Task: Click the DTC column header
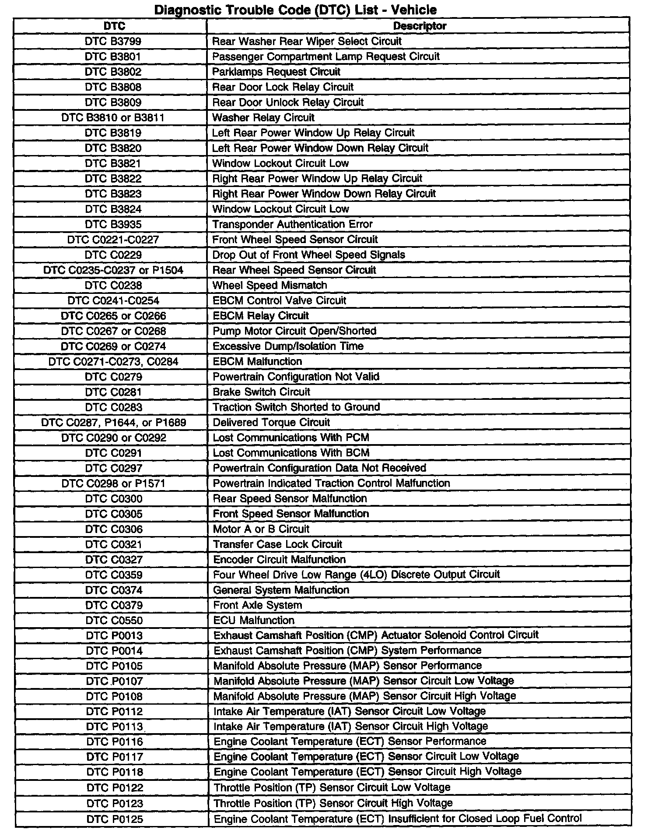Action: (x=114, y=26)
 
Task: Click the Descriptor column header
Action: (x=419, y=26)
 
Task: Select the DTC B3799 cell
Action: (x=113, y=41)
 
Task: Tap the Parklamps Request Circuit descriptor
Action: (x=276, y=72)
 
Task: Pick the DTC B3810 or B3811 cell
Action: (x=113, y=117)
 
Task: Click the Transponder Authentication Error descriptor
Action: (x=292, y=224)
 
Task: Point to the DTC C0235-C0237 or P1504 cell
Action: (x=113, y=270)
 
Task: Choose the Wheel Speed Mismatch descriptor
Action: (x=269, y=286)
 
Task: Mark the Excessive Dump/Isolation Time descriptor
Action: (x=288, y=346)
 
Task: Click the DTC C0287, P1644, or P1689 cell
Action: (x=113, y=423)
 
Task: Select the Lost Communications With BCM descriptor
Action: (x=291, y=453)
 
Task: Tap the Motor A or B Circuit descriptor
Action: (x=261, y=529)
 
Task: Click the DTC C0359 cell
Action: (x=114, y=575)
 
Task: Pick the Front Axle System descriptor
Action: (x=257, y=605)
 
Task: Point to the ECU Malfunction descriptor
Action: (x=253, y=621)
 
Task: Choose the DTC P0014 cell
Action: (x=114, y=651)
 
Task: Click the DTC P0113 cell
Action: (x=115, y=727)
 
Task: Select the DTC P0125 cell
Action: (x=115, y=819)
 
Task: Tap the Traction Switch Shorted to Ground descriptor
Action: (x=296, y=407)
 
